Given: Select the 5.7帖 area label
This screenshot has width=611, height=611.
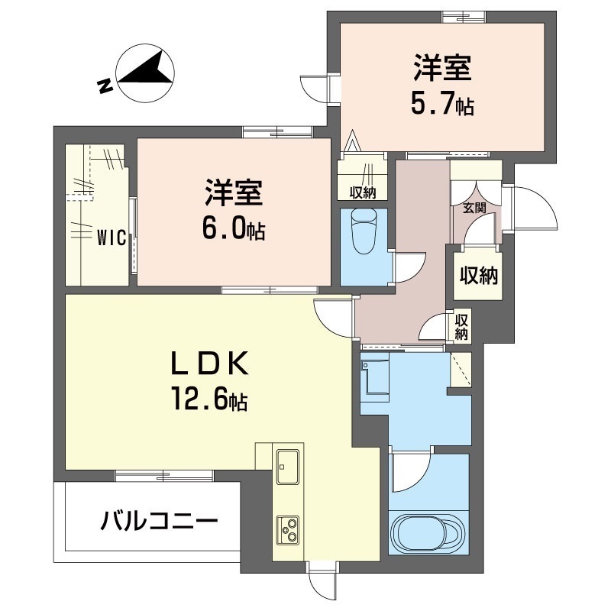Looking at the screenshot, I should click(442, 105).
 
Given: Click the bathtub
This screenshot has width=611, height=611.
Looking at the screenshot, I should click(428, 532).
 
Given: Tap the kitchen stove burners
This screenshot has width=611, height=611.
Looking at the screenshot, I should click(289, 529).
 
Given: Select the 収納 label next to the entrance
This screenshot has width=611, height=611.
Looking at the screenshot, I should click(478, 275).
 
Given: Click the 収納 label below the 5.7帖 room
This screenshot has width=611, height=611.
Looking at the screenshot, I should click(364, 192).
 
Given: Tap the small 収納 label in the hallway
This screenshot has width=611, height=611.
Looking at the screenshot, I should click(461, 326).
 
